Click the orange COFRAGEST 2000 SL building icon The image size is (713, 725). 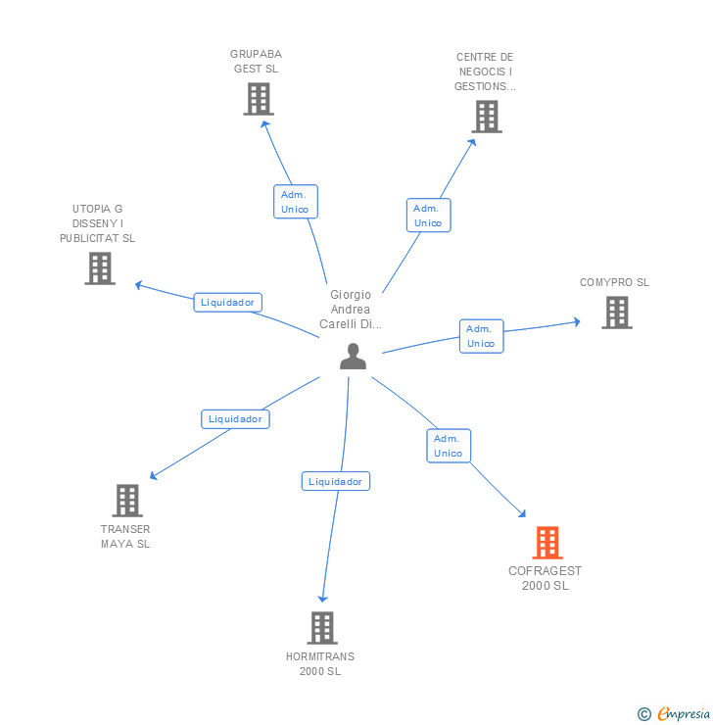tap(547, 543)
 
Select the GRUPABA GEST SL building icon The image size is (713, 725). tap(259, 99)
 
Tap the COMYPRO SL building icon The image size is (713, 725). tap(616, 313)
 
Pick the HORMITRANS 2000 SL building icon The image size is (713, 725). tap(322, 628)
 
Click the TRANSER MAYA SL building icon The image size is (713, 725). tap(127, 501)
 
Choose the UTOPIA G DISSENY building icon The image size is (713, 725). tap(100, 268)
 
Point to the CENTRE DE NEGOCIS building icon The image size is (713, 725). tap(486, 117)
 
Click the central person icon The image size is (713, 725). tap(353, 357)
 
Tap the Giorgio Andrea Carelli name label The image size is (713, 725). tap(351, 310)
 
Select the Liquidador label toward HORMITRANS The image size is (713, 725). tap(336, 481)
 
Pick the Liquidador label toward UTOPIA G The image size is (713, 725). tap(227, 302)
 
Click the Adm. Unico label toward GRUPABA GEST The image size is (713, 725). tap(295, 202)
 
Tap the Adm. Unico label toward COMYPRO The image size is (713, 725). tap(481, 336)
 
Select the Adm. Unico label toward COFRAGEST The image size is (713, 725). tap(449, 446)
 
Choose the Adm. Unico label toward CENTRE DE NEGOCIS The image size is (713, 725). tap(428, 216)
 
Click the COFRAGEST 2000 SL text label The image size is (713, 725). tap(546, 578)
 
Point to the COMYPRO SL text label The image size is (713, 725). tap(614, 283)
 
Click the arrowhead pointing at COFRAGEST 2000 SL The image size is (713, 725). tap(522, 512)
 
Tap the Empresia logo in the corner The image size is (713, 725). tap(674, 714)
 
